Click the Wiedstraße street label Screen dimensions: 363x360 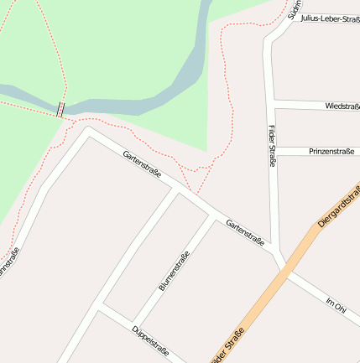coord(342,106)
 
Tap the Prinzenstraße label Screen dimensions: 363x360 coord(331,152)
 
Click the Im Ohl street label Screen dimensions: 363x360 coord(335,303)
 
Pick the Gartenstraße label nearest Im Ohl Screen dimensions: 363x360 coord(245,231)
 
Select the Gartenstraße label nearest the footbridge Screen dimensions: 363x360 coord(141,164)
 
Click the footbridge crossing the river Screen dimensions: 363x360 coord(60,109)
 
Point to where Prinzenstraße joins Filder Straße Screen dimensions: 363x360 coord(274,151)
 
